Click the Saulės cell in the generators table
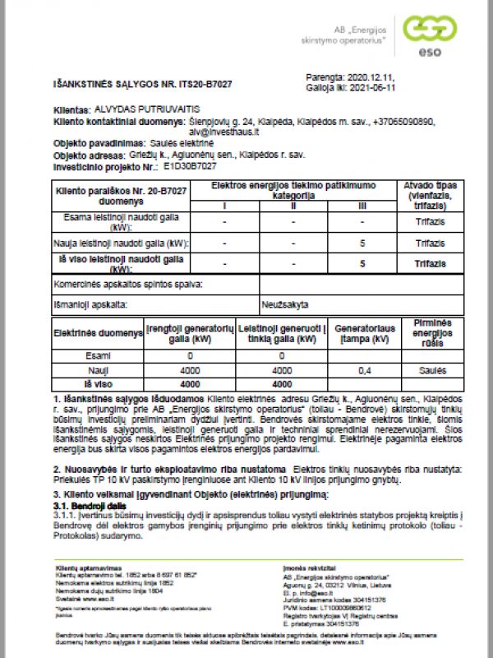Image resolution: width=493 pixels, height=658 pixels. (x=426, y=371)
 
